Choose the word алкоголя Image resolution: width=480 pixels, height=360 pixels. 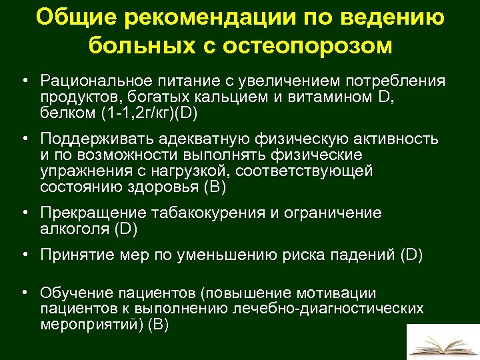(73, 229)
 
